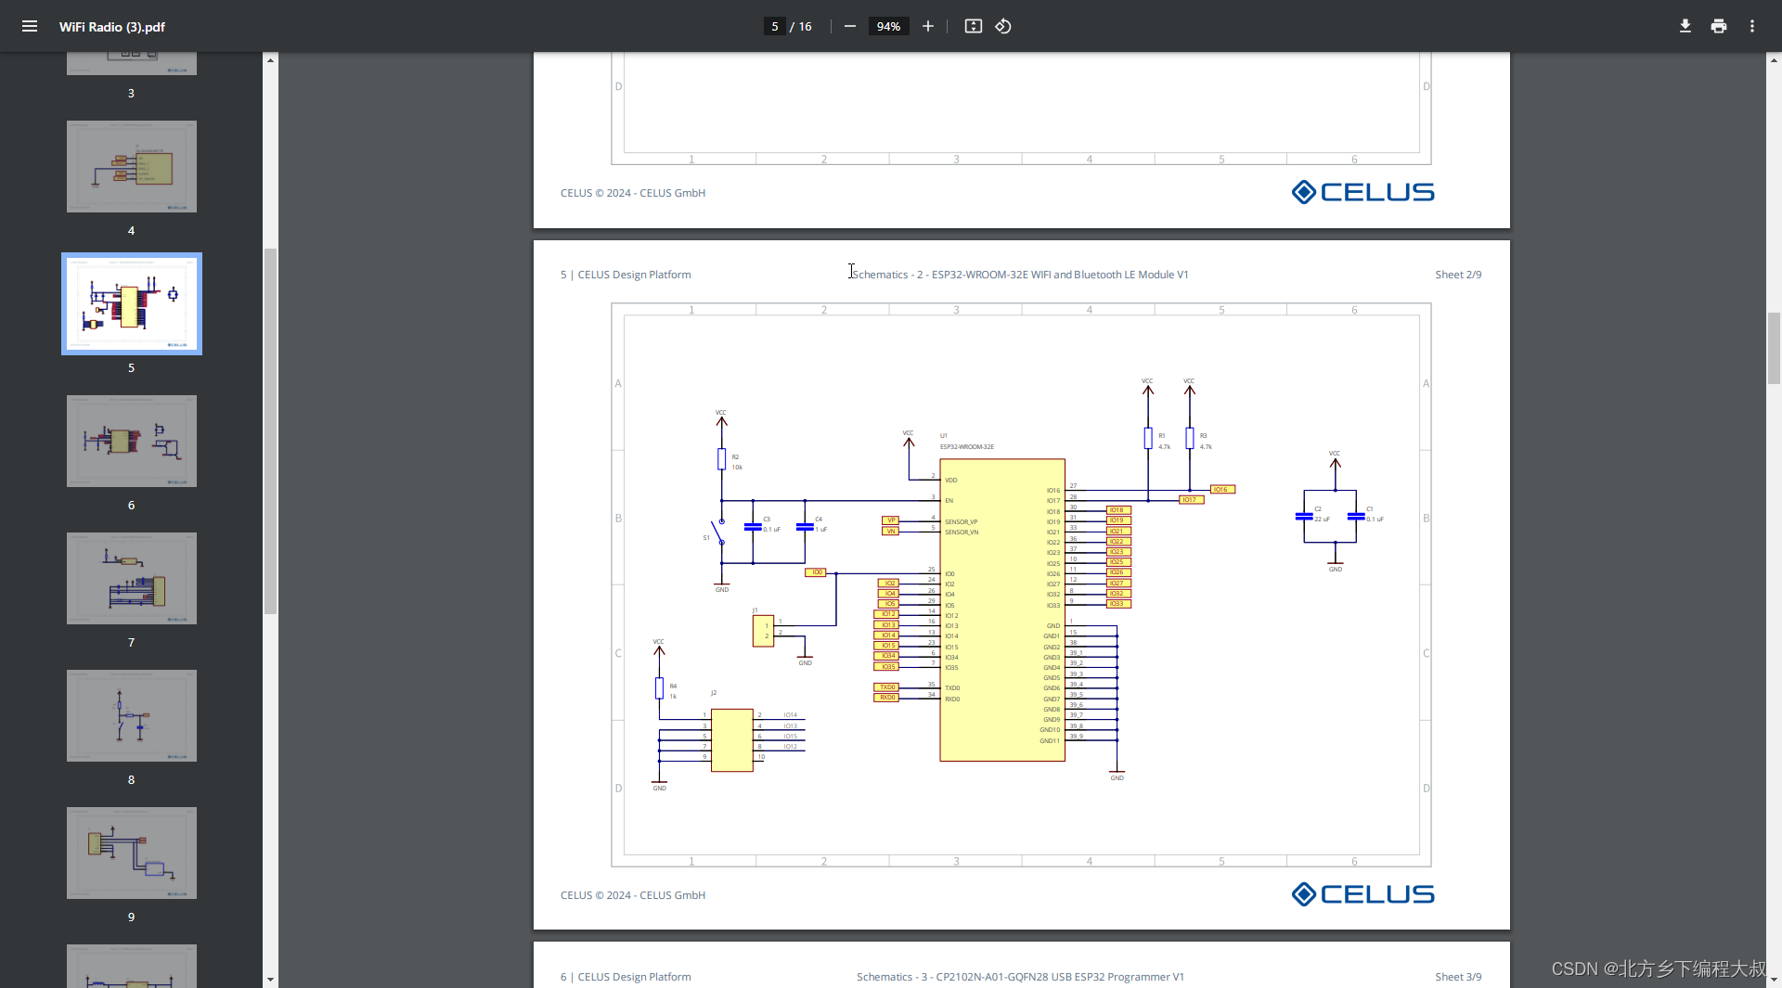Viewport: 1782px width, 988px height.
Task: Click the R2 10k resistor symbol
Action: click(721, 459)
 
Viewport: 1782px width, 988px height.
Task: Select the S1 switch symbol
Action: click(717, 532)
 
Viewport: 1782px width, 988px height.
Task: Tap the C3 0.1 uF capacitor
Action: click(753, 527)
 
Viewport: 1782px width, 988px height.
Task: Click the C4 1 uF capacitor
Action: click(805, 527)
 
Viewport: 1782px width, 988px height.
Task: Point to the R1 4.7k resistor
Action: click(1148, 439)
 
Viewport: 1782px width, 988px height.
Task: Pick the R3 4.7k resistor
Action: click(1190, 439)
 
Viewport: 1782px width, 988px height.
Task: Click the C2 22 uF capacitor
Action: click(1304, 517)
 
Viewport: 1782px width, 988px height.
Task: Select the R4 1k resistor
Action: click(659, 688)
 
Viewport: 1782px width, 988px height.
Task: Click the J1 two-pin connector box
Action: click(763, 631)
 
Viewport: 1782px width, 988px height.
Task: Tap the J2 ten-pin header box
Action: click(731, 739)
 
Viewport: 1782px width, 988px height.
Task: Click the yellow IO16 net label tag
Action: click(1222, 490)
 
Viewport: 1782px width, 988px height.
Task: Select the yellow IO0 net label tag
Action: click(816, 572)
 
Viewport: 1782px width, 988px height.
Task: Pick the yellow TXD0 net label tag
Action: click(886, 687)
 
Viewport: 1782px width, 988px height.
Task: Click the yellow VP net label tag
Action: click(890, 520)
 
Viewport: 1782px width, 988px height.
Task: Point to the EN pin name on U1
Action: click(949, 501)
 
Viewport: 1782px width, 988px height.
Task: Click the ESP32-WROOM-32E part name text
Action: click(967, 447)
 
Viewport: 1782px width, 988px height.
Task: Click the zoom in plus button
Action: click(928, 26)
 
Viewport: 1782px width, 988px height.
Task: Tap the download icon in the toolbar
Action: click(1685, 26)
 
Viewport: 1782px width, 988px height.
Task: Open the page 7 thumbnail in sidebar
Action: click(132, 578)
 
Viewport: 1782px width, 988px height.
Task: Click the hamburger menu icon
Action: click(30, 26)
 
